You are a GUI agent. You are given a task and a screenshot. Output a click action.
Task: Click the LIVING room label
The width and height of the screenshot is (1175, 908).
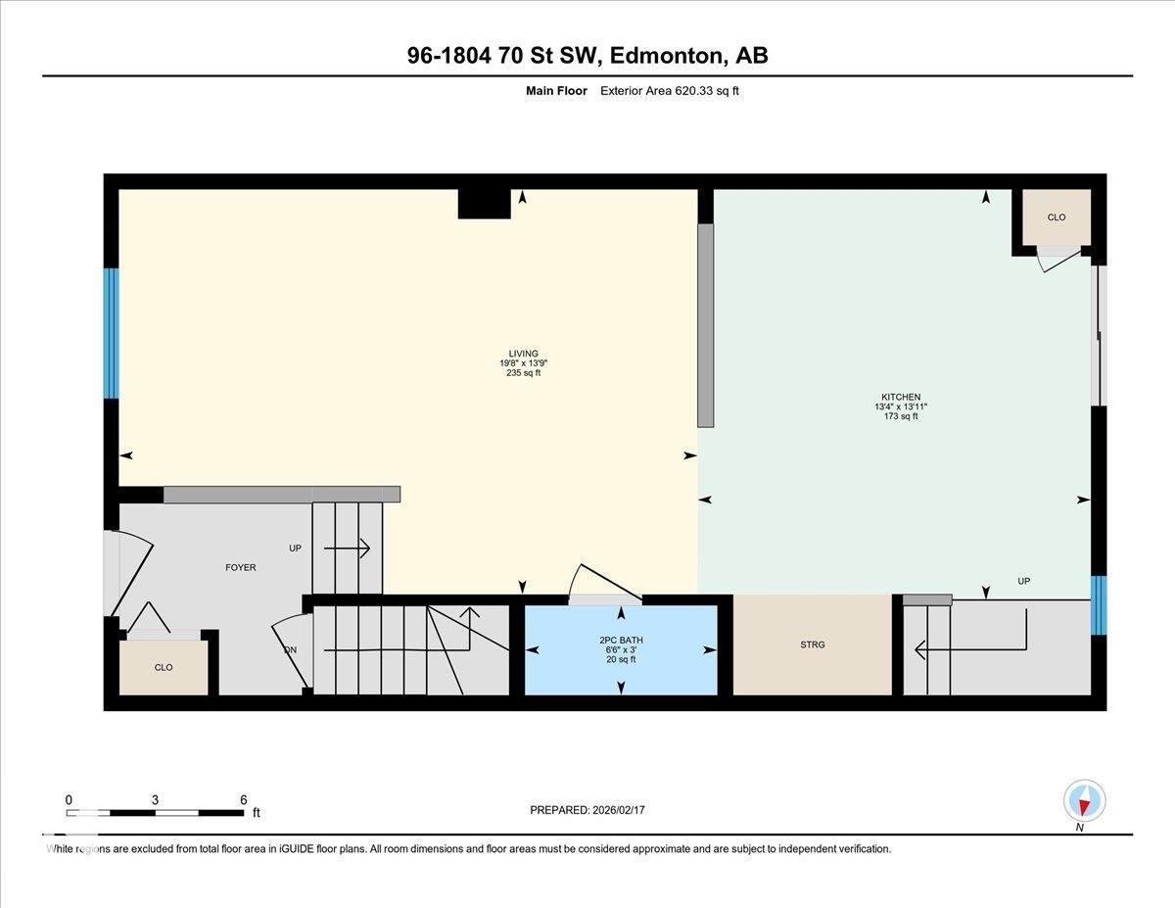pos(523,354)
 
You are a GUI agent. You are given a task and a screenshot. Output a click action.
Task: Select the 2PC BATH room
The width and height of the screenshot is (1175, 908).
pos(621,649)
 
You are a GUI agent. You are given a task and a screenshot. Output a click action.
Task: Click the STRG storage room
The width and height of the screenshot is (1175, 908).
pos(812,645)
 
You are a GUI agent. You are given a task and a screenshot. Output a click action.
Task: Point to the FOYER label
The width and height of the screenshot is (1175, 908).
pos(240,567)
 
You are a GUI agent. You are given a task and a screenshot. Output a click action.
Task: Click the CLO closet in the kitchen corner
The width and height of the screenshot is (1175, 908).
pos(1056,217)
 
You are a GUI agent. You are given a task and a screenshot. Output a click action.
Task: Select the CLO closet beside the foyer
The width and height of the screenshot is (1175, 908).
pos(164,667)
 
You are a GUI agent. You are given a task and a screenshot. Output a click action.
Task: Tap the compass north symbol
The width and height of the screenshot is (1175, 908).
pos(1084,801)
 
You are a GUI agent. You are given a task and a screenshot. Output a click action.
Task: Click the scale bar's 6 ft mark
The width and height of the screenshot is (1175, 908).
pos(243,799)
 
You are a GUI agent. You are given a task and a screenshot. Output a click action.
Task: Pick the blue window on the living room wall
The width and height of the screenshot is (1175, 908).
pos(111,333)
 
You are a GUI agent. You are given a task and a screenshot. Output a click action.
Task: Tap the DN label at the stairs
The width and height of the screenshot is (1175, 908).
pos(290,649)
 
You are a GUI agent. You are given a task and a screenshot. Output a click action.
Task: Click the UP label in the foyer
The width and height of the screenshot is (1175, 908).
pos(295,549)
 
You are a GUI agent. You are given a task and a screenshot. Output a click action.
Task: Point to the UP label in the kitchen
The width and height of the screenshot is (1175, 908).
pos(1023,581)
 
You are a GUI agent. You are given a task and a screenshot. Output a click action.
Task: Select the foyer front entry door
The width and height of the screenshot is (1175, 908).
pos(127,568)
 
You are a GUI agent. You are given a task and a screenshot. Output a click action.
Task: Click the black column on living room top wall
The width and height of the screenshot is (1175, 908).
pos(484,204)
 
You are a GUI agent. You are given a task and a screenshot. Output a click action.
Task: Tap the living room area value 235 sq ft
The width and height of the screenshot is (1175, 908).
pos(523,373)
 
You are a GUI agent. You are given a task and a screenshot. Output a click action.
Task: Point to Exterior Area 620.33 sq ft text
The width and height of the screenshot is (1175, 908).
pos(676,91)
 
